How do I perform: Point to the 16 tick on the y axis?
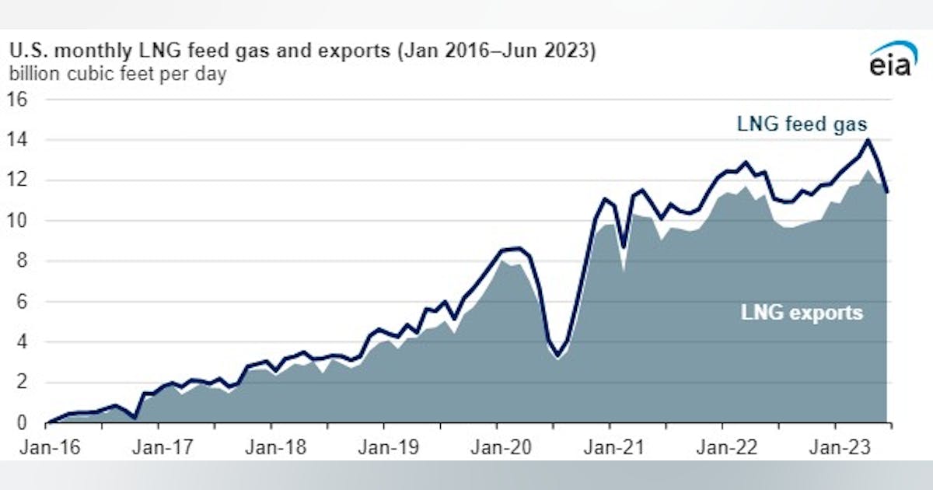(x=18, y=100)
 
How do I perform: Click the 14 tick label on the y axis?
(x=18, y=140)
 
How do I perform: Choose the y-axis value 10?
(x=18, y=221)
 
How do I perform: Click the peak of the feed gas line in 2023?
(x=868, y=140)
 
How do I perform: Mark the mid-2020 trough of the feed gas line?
(x=557, y=356)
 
